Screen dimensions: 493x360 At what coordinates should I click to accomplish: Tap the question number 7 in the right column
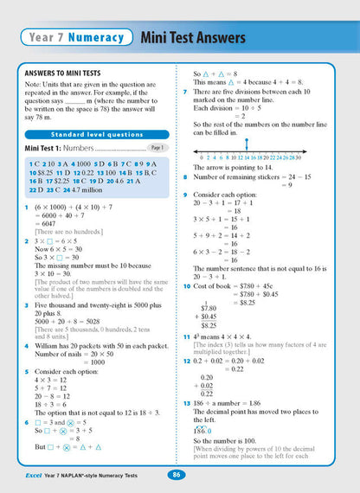point(185,92)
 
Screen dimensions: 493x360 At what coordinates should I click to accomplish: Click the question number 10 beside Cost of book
point(186,285)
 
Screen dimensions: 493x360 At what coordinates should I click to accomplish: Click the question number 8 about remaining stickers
point(185,176)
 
